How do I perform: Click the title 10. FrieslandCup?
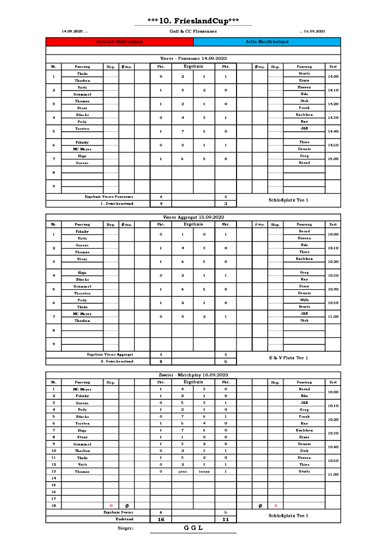click(193, 21)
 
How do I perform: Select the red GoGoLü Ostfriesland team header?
click(120, 42)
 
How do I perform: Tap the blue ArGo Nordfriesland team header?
click(267, 42)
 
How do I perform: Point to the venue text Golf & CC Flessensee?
click(193, 31)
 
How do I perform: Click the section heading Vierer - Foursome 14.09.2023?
click(193, 58)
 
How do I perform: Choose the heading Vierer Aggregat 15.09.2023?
click(193, 217)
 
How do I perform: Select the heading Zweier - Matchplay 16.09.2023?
click(193, 375)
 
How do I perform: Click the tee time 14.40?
click(333, 131)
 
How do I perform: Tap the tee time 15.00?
click(333, 159)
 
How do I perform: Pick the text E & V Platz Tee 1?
click(288, 358)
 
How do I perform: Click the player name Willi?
click(304, 300)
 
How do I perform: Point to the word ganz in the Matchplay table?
click(182, 471)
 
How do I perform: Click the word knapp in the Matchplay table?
click(204, 471)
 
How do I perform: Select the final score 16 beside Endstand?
click(161, 519)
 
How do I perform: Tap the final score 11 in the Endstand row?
click(225, 519)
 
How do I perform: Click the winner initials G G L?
click(193, 528)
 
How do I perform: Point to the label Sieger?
click(125, 528)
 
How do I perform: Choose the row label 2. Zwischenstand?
click(117, 361)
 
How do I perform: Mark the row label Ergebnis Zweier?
click(119, 512)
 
